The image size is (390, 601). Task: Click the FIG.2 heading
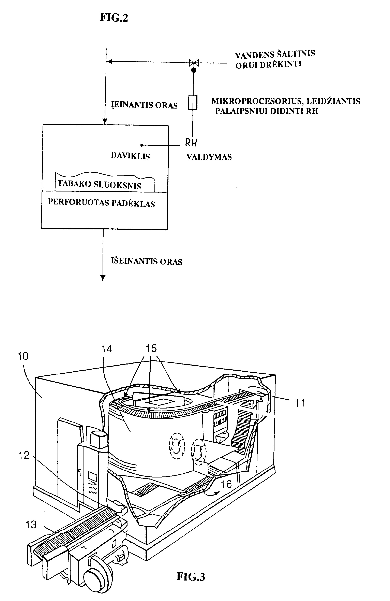pos(114,18)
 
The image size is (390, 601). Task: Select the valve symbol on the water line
pos(194,63)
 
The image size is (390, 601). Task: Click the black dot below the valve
pos(194,70)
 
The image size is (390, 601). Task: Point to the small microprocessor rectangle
pos(193,102)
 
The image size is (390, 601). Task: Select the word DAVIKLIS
pos(130,156)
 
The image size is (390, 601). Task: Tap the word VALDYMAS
pos(209,157)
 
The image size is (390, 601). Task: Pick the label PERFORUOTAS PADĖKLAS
pos(102,203)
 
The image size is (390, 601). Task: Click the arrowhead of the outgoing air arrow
pos(103,277)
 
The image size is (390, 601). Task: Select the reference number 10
pos(23,356)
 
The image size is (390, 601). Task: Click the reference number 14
pos(107,349)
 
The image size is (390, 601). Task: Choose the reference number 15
pos(151,348)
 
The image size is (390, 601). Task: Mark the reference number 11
pos(300,403)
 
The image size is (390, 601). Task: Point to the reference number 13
pos(31,525)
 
